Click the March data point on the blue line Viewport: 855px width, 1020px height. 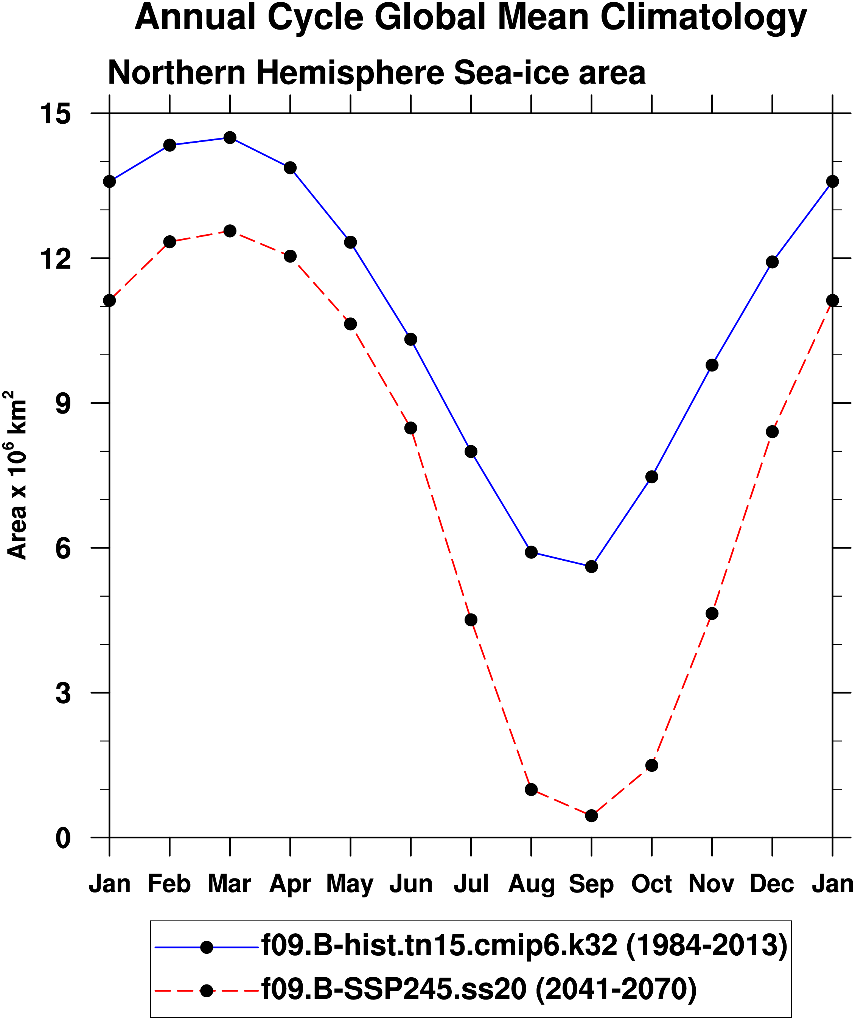point(230,137)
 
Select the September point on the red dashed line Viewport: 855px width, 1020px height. point(591,815)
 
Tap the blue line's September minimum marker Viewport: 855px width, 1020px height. point(591,566)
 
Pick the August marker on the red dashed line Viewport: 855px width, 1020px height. point(531,789)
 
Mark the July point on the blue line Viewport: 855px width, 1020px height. point(471,451)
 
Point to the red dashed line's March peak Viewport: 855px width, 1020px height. point(230,231)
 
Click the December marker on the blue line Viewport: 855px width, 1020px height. point(772,262)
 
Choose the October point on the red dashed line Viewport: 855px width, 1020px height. point(651,765)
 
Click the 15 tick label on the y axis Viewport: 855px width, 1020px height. point(55,114)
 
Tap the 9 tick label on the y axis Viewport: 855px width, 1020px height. point(63,403)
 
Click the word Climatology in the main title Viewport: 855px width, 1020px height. point(703,17)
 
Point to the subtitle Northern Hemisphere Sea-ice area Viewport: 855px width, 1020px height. point(376,73)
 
